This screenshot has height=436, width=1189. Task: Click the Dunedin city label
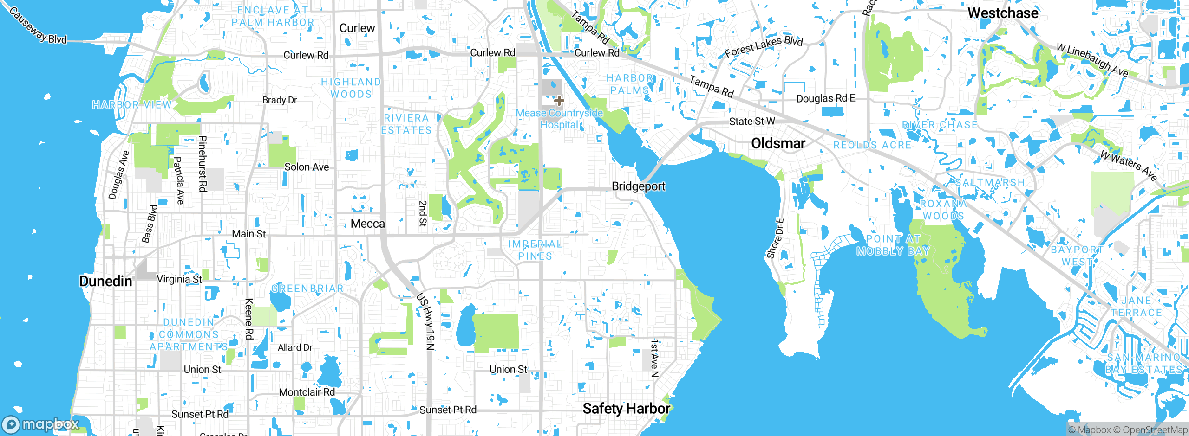click(105, 281)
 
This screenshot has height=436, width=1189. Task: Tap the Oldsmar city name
click(778, 143)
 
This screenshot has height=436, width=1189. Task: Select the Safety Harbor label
click(626, 409)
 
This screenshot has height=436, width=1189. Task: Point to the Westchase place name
click(1003, 13)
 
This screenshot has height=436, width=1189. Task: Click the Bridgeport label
click(638, 186)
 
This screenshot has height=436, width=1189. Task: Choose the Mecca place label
click(367, 224)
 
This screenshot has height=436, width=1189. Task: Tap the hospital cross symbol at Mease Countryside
click(559, 100)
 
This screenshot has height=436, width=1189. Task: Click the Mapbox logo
click(41, 424)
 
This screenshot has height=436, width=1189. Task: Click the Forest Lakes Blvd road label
click(764, 46)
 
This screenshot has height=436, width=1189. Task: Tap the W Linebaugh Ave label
click(1092, 60)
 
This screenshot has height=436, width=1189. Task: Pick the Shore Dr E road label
click(775, 238)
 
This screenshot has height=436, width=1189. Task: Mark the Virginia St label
click(179, 279)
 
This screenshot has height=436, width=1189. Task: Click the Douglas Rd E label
click(825, 98)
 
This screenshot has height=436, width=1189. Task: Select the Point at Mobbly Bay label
click(893, 245)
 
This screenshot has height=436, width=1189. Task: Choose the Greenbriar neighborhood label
click(307, 289)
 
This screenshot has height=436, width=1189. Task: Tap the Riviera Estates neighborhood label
click(406, 124)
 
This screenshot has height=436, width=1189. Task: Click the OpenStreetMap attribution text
click(1155, 430)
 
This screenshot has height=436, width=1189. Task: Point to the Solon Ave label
click(307, 167)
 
